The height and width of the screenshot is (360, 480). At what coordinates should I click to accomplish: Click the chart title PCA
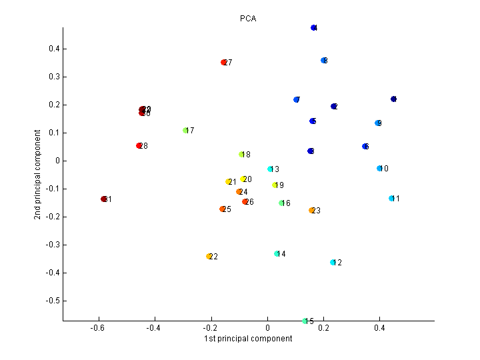click(x=248, y=19)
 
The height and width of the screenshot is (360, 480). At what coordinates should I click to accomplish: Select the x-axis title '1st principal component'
click(x=248, y=339)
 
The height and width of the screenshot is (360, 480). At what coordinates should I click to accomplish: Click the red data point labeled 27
click(x=224, y=63)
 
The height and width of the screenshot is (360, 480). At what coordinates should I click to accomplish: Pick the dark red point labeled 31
click(x=104, y=199)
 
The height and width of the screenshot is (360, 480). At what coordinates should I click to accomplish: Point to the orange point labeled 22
click(x=209, y=257)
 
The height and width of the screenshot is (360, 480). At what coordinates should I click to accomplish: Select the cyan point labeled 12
click(x=333, y=263)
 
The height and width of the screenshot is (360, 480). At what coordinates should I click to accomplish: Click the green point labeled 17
click(x=185, y=131)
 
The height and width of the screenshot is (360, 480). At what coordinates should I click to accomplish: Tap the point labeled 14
click(x=277, y=254)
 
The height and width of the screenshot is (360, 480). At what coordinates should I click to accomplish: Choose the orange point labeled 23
click(x=311, y=211)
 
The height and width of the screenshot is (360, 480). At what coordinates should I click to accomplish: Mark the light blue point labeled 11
click(x=391, y=199)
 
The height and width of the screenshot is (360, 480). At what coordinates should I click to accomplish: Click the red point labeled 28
click(x=139, y=146)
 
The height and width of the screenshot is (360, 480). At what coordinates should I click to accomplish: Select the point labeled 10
click(x=379, y=169)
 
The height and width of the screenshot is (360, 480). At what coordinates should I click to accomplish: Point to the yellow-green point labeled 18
click(x=242, y=155)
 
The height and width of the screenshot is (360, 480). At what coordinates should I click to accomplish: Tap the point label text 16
click(x=287, y=203)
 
